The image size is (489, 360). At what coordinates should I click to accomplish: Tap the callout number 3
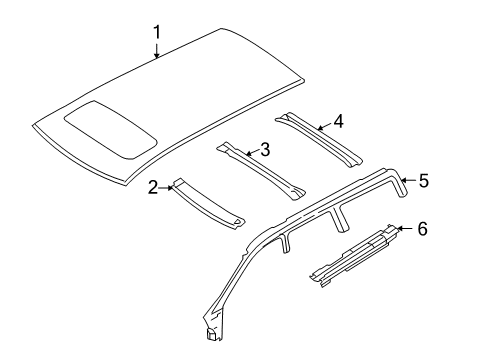pos(265,150)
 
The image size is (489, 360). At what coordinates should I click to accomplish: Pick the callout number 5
pos(424,180)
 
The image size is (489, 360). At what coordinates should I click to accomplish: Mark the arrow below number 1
pos(157,52)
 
